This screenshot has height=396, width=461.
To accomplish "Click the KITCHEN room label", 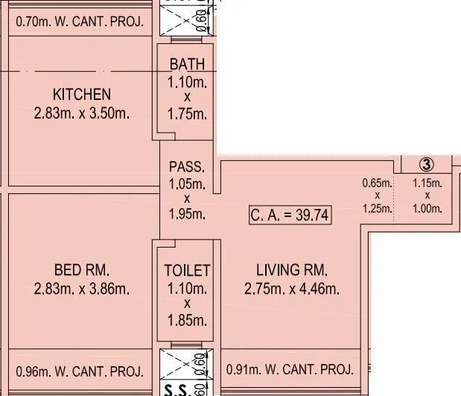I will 82,95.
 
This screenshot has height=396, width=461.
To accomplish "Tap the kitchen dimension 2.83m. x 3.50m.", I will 82,113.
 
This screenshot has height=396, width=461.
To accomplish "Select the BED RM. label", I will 81,270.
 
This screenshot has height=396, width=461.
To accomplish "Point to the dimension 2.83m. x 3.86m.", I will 81,289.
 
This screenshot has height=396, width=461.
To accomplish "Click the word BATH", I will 186,65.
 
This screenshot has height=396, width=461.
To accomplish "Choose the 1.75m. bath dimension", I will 186,113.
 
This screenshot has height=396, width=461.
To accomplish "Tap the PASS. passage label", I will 186,166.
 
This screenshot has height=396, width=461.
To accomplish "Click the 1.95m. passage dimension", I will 186,215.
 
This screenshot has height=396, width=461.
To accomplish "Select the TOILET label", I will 187,271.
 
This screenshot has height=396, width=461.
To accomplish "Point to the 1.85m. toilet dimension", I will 187,320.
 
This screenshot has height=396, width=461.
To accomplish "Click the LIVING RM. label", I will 291,270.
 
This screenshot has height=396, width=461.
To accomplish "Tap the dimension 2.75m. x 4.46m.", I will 291,289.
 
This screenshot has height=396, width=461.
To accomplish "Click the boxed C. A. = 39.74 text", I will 290,216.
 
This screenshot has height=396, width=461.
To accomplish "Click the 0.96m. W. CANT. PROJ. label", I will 79,370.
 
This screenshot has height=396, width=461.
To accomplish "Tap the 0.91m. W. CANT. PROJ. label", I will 289,369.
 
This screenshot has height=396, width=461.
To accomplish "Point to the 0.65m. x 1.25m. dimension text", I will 378,195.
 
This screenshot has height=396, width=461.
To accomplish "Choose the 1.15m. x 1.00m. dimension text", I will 427,195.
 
